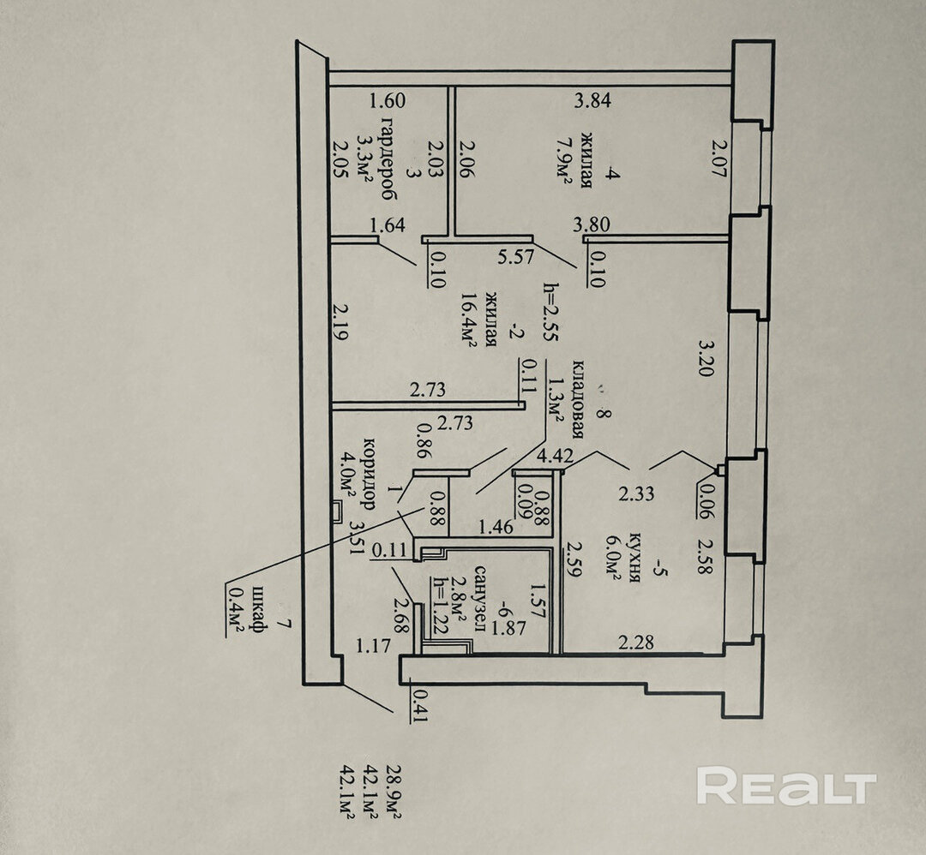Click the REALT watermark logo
click(x=786, y=786)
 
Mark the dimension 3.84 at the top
click(x=592, y=101)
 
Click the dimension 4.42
click(x=555, y=457)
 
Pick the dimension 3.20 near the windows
click(x=707, y=359)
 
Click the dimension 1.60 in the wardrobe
click(x=387, y=101)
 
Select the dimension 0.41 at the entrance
click(x=419, y=705)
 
